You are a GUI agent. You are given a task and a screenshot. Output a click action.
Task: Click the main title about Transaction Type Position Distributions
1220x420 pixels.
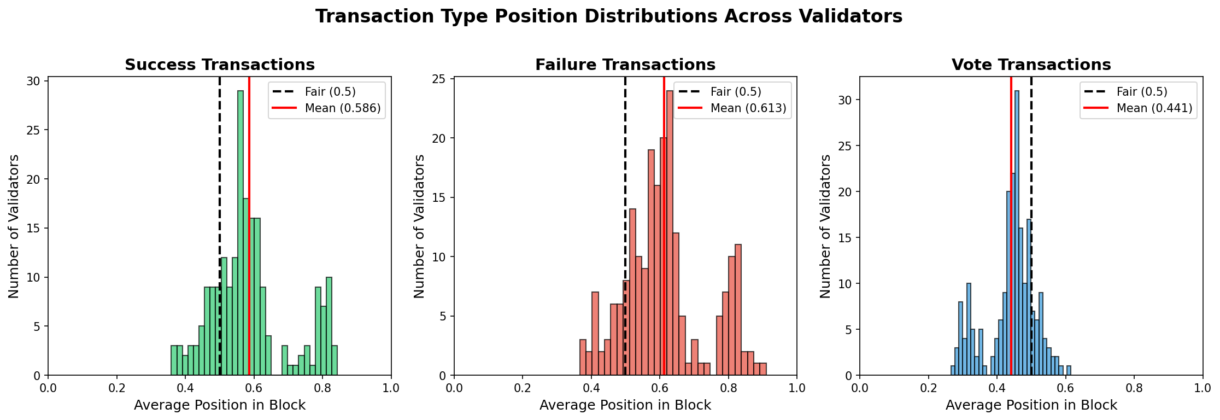609,16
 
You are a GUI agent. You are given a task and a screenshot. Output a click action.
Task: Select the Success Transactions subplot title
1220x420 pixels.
220,65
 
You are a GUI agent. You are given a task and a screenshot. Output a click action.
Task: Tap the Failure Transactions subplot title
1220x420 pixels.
625,65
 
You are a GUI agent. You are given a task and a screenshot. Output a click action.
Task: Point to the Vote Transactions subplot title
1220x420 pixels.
1031,65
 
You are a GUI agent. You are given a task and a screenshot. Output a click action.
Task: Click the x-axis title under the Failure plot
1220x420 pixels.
625,405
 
